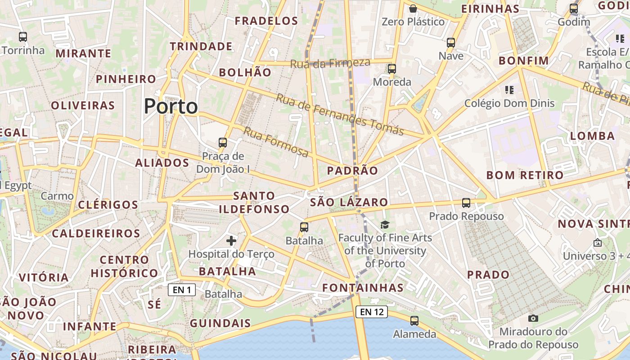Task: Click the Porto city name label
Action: (171, 107)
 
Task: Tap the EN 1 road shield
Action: (182, 290)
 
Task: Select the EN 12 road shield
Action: (372, 311)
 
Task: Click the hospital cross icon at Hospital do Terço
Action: (231, 241)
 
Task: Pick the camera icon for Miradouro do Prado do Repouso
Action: (533, 319)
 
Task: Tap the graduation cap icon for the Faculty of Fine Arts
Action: (385, 225)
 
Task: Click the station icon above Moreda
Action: (392, 69)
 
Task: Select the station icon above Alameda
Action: (414, 321)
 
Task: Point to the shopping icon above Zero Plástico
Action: (413, 8)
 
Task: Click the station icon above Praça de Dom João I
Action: (223, 143)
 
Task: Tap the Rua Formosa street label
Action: (276, 142)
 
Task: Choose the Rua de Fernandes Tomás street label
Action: (340, 114)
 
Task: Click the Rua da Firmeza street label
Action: (330, 63)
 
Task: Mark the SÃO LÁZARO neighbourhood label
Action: (349, 202)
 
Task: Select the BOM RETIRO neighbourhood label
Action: (525, 175)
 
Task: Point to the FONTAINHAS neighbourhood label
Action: (363, 288)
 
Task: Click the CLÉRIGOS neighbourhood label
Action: (108, 205)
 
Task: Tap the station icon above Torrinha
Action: (23, 37)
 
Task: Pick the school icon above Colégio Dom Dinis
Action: (509, 90)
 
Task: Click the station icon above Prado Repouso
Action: (466, 203)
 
